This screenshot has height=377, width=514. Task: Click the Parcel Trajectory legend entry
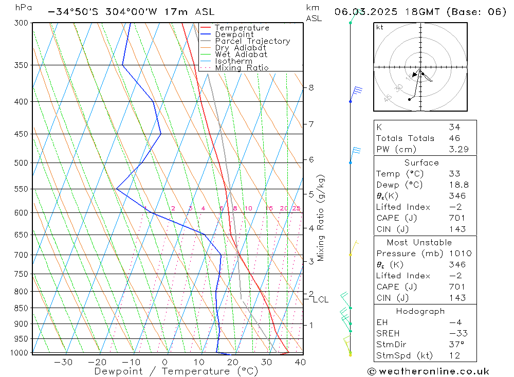point(252,41)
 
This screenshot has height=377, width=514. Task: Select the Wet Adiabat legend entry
point(241,55)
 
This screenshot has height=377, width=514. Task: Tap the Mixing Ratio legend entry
point(242,68)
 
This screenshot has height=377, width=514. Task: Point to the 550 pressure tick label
point(21,189)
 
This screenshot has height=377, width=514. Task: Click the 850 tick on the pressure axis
point(21,309)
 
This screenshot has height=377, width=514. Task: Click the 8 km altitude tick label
point(311,88)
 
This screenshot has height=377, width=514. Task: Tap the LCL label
point(321,299)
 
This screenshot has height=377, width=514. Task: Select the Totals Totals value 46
point(454,138)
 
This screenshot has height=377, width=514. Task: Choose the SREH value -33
point(454,333)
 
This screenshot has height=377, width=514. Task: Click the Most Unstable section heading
point(419,243)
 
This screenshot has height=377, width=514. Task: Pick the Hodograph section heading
point(420,312)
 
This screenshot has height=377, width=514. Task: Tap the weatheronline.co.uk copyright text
point(428,371)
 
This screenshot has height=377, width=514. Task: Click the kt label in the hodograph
point(380,27)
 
